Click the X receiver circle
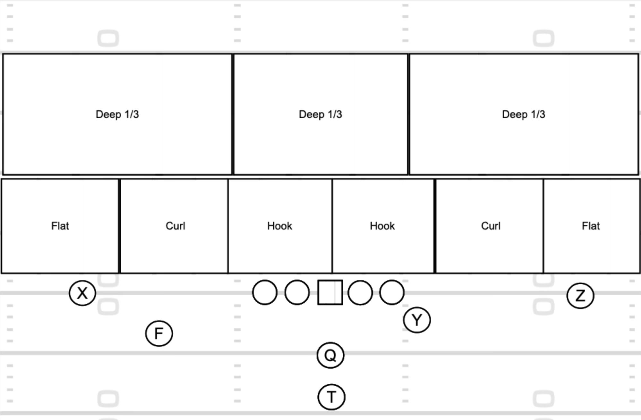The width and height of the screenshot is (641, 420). tap(82, 293)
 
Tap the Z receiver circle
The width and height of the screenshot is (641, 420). tap(580, 296)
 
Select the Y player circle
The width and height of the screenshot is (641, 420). tap(417, 320)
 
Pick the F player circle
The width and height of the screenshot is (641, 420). tap(159, 333)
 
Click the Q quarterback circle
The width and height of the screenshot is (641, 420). tap(330, 355)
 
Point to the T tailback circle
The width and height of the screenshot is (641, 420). tap(331, 397)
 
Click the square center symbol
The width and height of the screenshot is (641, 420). tap(330, 292)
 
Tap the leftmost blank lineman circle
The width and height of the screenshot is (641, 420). tap(265, 292)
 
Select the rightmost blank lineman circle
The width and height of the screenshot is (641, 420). tap(392, 292)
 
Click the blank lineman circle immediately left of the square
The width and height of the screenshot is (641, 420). tap(297, 292)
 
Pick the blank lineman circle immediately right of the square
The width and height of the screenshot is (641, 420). tap(360, 292)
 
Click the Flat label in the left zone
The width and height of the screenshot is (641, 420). tap(60, 226)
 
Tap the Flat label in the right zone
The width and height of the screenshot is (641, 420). tap(591, 226)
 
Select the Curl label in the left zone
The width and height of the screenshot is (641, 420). tap(175, 226)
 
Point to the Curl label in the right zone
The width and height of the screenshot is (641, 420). tap(491, 226)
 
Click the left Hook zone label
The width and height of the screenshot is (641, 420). tap(280, 226)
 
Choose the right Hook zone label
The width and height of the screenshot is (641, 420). tap(382, 226)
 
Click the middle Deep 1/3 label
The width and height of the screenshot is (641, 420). tap(320, 114)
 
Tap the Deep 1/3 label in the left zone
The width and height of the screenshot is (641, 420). tap(117, 114)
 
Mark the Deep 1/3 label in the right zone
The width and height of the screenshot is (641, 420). tap(524, 114)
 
